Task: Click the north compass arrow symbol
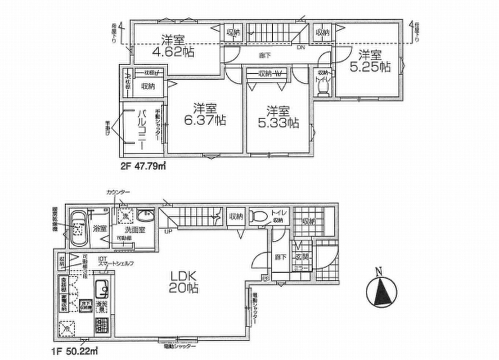point(382,290)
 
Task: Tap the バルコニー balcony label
point(141,126)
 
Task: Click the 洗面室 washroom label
point(134,228)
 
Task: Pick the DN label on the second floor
point(301,47)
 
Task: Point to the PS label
point(266,279)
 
